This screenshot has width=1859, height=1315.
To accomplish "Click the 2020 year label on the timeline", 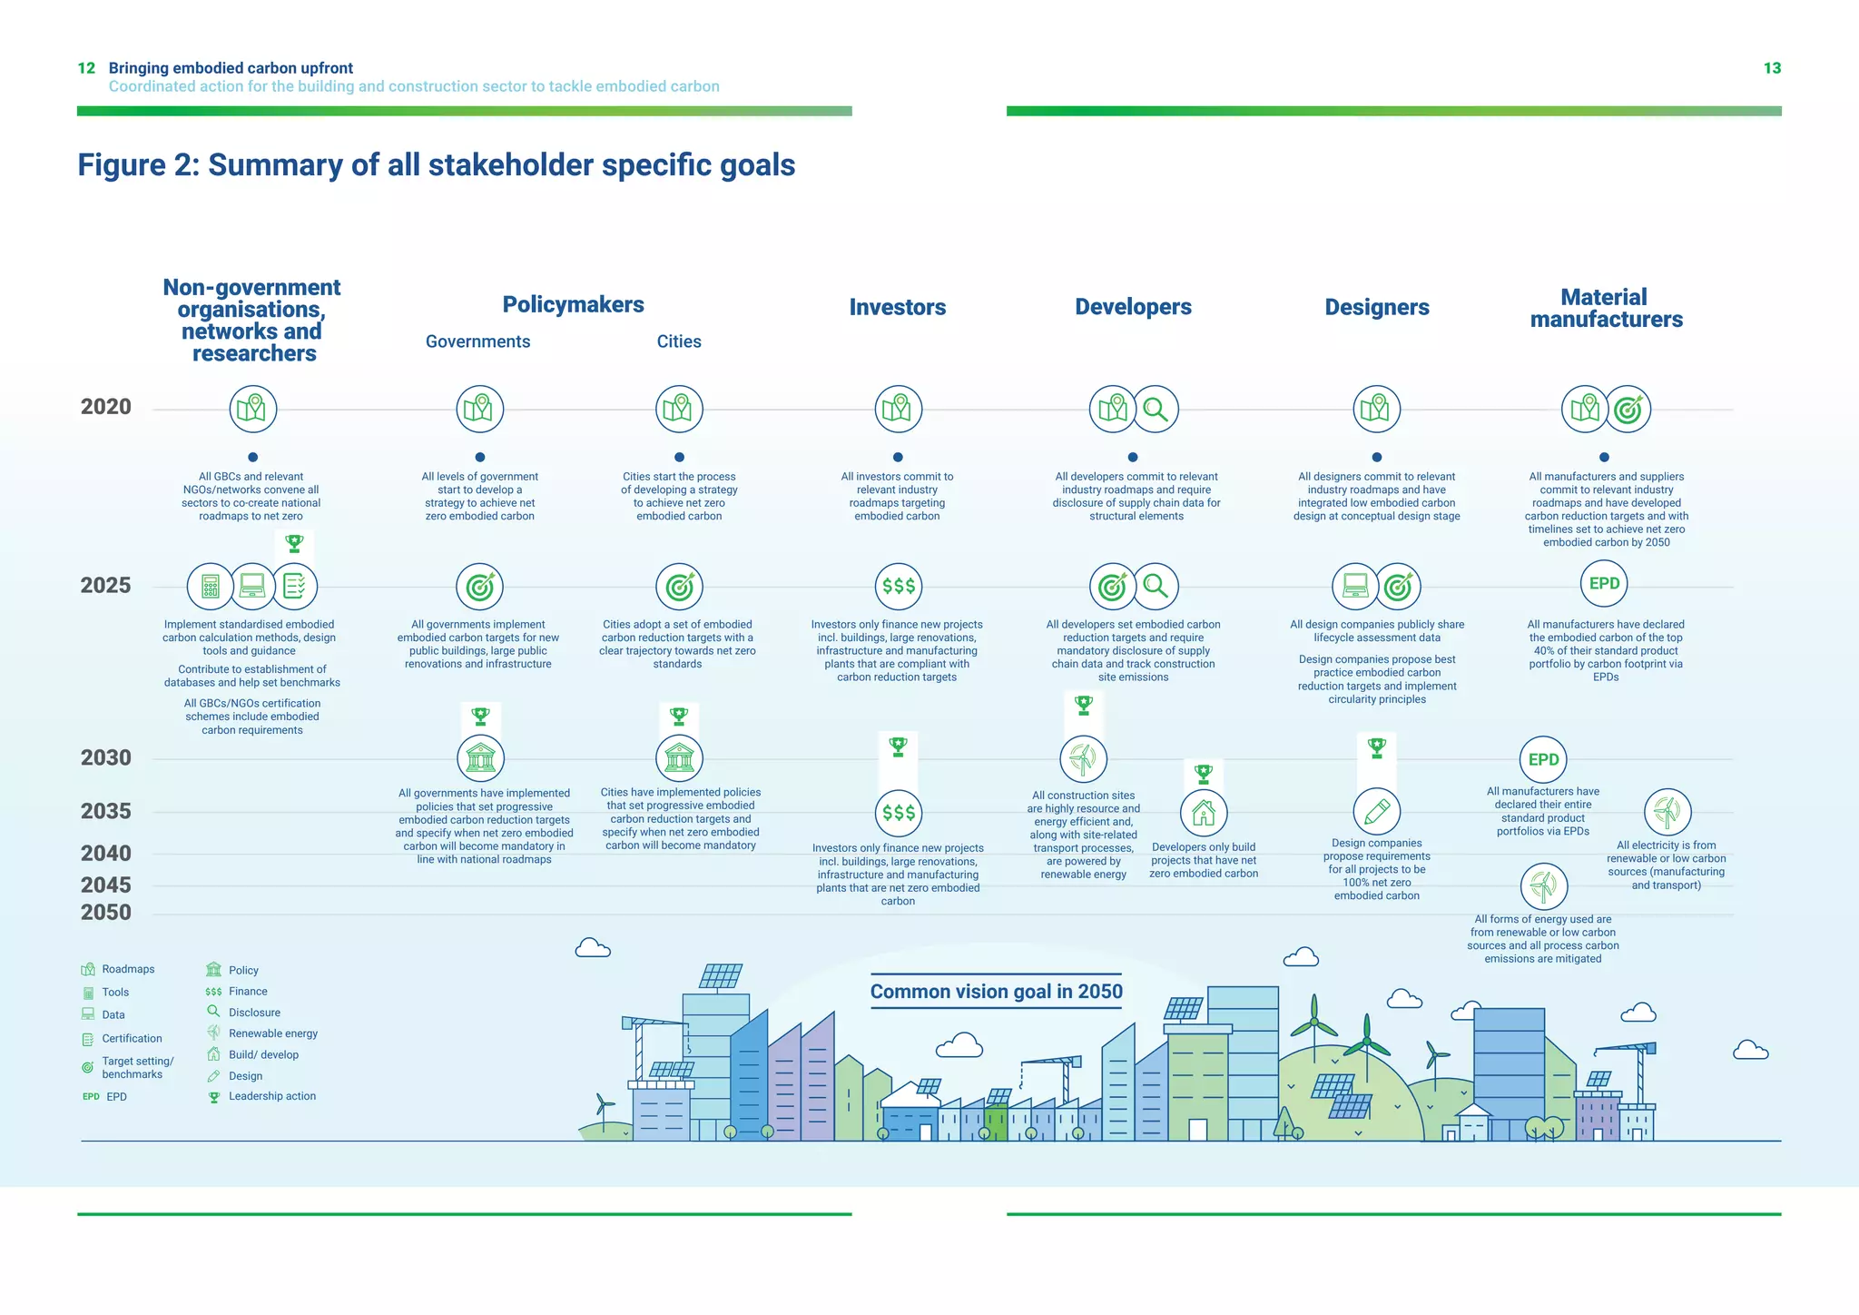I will click(x=106, y=407).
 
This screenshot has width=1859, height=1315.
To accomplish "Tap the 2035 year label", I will click(x=106, y=811).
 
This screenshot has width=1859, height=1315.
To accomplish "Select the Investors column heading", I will click(x=897, y=307).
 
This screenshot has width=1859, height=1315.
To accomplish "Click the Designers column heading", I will click(x=1376, y=307).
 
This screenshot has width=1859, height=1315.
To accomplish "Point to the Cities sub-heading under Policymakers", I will click(x=679, y=341).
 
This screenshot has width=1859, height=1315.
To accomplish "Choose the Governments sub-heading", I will click(x=477, y=341).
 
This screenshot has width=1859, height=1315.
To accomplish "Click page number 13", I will click(x=1772, y=68).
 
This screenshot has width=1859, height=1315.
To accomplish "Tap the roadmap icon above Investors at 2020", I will click(x=898, y=409).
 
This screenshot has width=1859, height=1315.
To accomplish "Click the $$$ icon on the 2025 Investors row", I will click(x=899, y=586).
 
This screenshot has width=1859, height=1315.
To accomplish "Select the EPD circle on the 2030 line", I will click(x=1543, y=759).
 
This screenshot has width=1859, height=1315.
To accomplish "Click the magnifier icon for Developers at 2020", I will click(x=1156, y=409).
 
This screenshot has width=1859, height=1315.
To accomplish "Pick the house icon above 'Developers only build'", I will click(x=1204, y=812).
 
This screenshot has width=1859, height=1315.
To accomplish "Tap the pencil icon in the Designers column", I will click(x=1377, y=811).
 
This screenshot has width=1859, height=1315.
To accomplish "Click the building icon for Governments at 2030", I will click(x=480, y=757).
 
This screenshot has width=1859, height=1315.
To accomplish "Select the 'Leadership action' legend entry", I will click(x=271, y=1096).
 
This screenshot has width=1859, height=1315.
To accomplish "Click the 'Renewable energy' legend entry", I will click(x=272, y=1033).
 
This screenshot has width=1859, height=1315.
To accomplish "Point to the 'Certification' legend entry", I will click(x=132, y=1038).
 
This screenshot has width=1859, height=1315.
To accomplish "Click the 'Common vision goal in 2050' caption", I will click(x=996, y=992).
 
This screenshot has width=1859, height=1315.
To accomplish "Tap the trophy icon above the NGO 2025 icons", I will click(x=294, y=543).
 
